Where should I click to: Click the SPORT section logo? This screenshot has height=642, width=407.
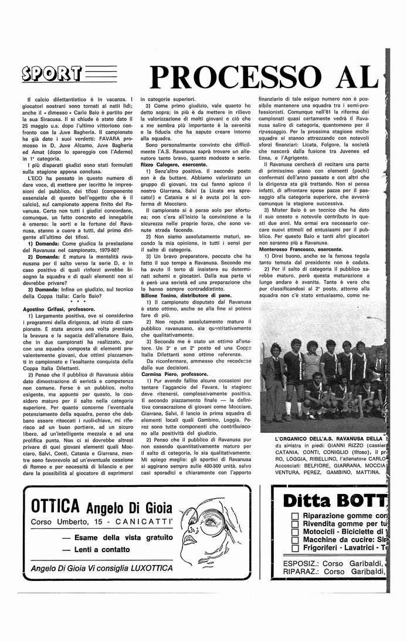[51, 74]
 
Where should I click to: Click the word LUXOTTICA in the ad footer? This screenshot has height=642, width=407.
[149, 568]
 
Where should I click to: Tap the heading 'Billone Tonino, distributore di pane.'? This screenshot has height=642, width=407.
[186, 295]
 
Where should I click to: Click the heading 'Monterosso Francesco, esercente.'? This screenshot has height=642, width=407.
[301, 249]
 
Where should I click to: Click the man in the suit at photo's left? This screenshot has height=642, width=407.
[274, 381]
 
